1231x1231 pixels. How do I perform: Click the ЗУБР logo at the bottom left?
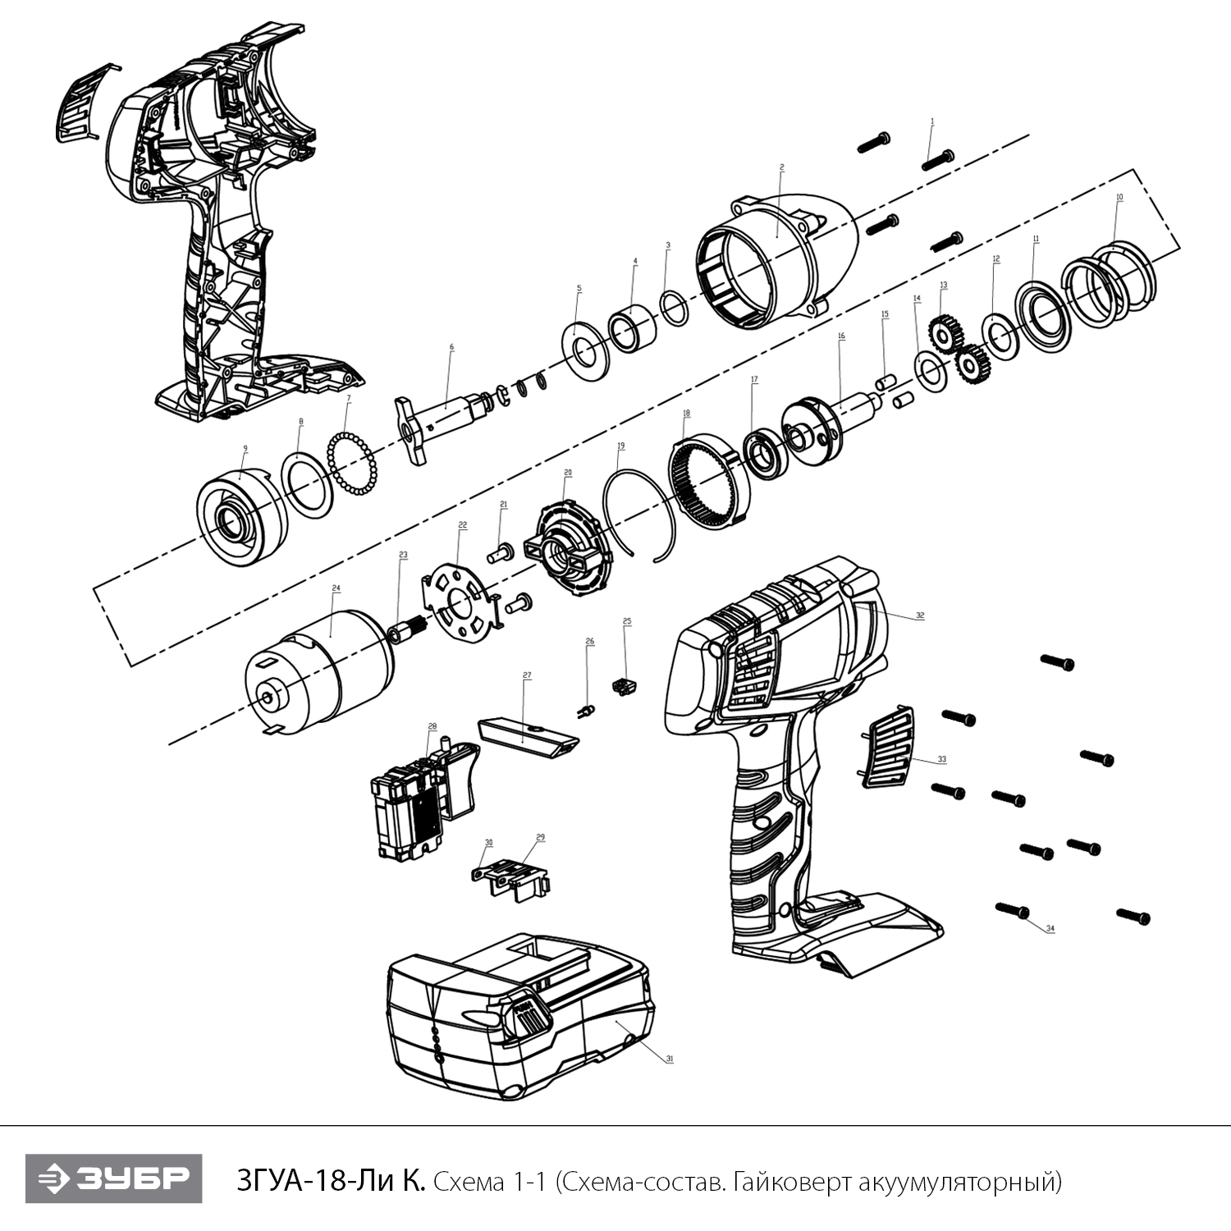pos(114,1179)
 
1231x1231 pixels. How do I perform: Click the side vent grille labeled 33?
pos(887,748)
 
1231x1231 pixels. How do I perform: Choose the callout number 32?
pos(920,615)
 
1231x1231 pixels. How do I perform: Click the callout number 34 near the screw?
pos(1050,929)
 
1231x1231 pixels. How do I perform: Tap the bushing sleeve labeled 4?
pos(632,327)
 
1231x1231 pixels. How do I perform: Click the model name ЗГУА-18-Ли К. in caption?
pos(331,1183)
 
